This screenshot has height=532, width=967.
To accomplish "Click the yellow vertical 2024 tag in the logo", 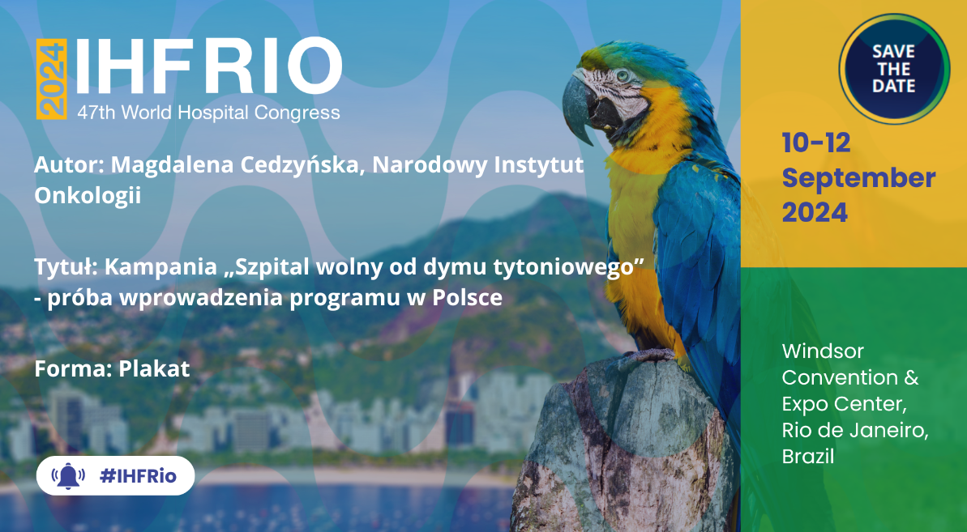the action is [x=51, y=79].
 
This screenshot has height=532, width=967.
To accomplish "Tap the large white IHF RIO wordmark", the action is [x=208, y=67].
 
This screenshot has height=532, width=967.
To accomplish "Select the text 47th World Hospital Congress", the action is [x=208, y=113].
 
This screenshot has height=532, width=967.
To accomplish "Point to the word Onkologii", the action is [x=88, y=195].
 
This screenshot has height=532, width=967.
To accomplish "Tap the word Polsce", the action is [x=467, y=297].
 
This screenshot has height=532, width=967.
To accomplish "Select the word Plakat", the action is [x=154, y=368].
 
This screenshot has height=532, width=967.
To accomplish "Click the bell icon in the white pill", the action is [x=68, y=476].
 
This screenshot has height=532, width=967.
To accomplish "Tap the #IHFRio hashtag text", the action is [x=138, y=476].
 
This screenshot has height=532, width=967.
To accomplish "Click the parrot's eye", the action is [x=622, y=75].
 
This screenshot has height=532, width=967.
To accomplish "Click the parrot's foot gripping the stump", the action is [x=648, y=356].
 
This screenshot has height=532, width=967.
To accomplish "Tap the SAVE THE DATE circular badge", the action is [x=893, y=68].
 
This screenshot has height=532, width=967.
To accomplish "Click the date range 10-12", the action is [x=816, y=143].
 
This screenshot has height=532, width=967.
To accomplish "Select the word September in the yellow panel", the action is [x=858, y=178].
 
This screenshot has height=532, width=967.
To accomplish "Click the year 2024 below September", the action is [x=815, y=213].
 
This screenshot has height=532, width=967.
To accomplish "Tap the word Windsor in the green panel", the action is [x=823, y=351].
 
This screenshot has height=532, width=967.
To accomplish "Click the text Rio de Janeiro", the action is [x=855, y=430].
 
